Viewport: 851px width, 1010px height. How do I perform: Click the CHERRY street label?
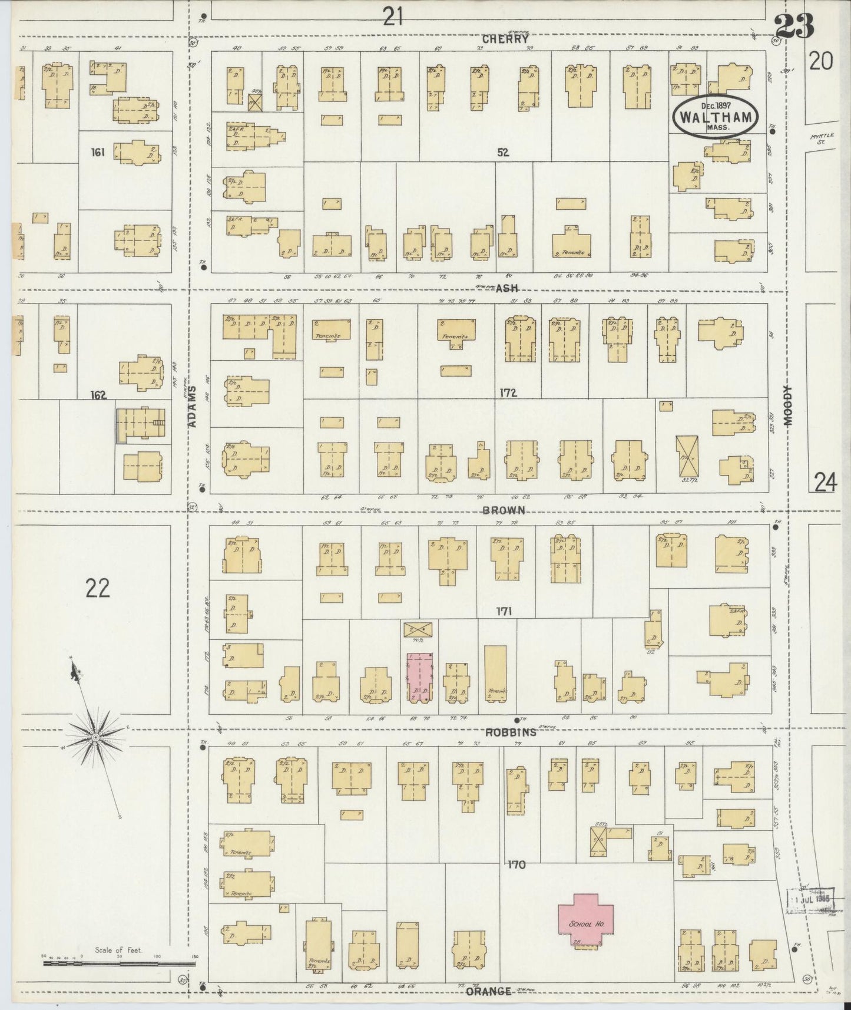[x=505, y=39]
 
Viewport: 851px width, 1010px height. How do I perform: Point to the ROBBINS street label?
[x=511, y=732]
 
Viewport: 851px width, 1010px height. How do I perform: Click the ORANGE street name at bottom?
[x=488, y=991]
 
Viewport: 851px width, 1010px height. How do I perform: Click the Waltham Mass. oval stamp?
[x=715, y=116]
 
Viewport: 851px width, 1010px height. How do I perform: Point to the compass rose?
[x=95, y=737]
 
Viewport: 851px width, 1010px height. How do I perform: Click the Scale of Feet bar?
[x=118, y=963]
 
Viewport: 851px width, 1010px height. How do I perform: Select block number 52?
[x=502, y=152]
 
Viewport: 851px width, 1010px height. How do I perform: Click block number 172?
[x=507, y=392]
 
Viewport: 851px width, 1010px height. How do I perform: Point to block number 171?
[x=504, y=612]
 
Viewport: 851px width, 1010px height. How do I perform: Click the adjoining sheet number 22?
[x=97, y=587]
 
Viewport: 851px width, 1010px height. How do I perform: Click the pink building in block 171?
[x=419, y=678]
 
